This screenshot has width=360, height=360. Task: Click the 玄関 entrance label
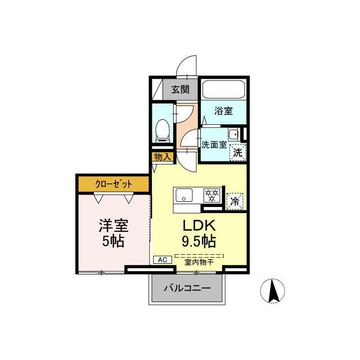point(181,89)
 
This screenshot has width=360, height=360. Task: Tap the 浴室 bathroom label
point(223,111)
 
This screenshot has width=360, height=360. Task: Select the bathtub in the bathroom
point(223,91)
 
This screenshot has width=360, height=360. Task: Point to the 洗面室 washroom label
point(214,144)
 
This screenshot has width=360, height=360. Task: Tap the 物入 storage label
point(162,157)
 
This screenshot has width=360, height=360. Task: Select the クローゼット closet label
point(114,183)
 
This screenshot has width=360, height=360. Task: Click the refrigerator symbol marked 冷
point(235,200)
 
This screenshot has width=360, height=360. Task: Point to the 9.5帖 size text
point(198,242)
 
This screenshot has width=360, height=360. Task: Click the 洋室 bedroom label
point(114,226)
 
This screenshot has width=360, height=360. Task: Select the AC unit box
point(162,260)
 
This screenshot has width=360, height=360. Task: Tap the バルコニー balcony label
point(187,289)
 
